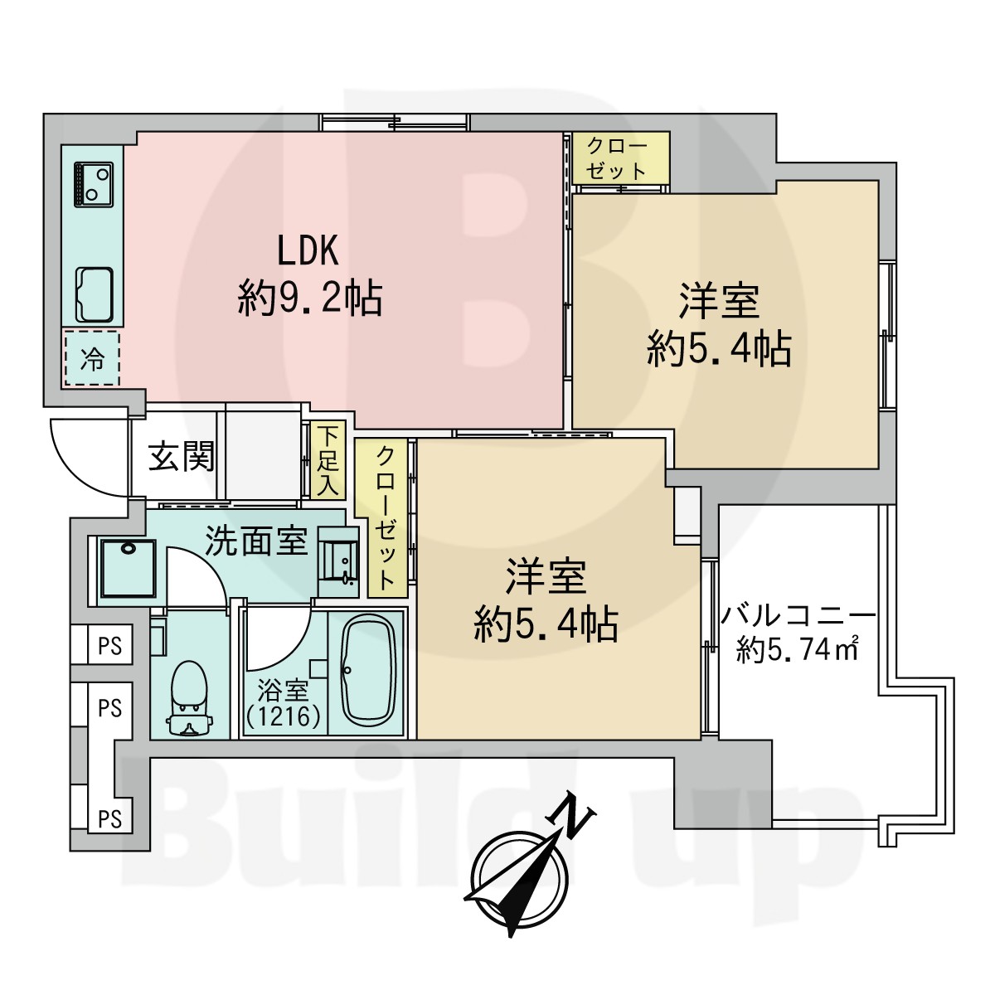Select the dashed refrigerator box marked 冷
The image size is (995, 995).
pos(91,359)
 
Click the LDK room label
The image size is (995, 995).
pos(308,250)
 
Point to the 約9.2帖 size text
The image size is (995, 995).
pos(310,298)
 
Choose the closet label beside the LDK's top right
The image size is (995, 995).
pos(618,158)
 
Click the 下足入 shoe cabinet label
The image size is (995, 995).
pos(328,460)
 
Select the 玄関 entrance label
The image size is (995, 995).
pos(182,456)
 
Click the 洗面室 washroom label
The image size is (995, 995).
pos(256,541)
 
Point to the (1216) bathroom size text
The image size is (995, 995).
pos(282,716)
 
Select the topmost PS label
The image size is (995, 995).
pos(109,645)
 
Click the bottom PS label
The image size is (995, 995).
pos(109,818)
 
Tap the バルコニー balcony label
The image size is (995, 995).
pos(797,617)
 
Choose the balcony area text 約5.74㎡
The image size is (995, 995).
pos(797,651)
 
